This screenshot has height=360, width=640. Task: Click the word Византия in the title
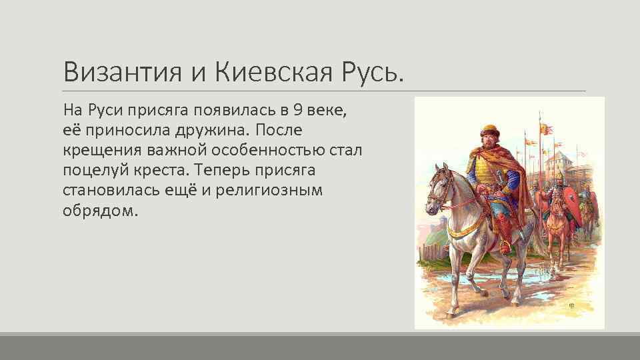tap(122, 71)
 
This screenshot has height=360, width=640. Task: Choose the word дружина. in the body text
tap(214, 129)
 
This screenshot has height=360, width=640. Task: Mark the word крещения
tap(98, 149)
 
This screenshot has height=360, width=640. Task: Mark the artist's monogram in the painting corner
tap(571, 305)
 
